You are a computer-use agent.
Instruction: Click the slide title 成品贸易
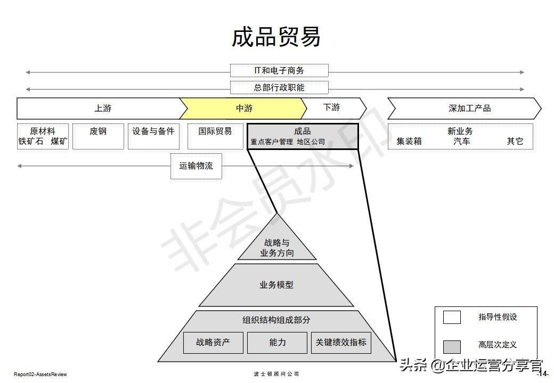tap(276, 37)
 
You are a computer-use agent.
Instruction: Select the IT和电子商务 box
tap(279, 70)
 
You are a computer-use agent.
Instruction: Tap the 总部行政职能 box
tap(279, 87)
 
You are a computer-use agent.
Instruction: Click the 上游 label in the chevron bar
tap(103, 109)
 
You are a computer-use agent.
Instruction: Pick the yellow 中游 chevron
tap(244, 109)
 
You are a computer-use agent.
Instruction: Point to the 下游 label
tap(331, 107)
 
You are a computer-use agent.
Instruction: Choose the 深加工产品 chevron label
tap(469, 109)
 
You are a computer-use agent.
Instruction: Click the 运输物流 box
tap(196, 166)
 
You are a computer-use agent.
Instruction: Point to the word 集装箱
tap(409, 141)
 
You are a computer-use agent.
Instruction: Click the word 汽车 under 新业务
tap(462, 141)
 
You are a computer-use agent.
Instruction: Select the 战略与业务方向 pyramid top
tap(277, 247)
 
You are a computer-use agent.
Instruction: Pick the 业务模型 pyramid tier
tap(276, 285)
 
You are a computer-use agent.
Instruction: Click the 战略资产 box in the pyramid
tap(213, 343)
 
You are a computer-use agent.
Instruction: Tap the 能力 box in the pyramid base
tap(277, 343)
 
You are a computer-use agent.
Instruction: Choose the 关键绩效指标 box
tap(341, 343)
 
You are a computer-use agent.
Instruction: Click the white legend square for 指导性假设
tap(452, 317)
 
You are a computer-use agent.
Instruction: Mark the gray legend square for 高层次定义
tap(452, 346)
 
